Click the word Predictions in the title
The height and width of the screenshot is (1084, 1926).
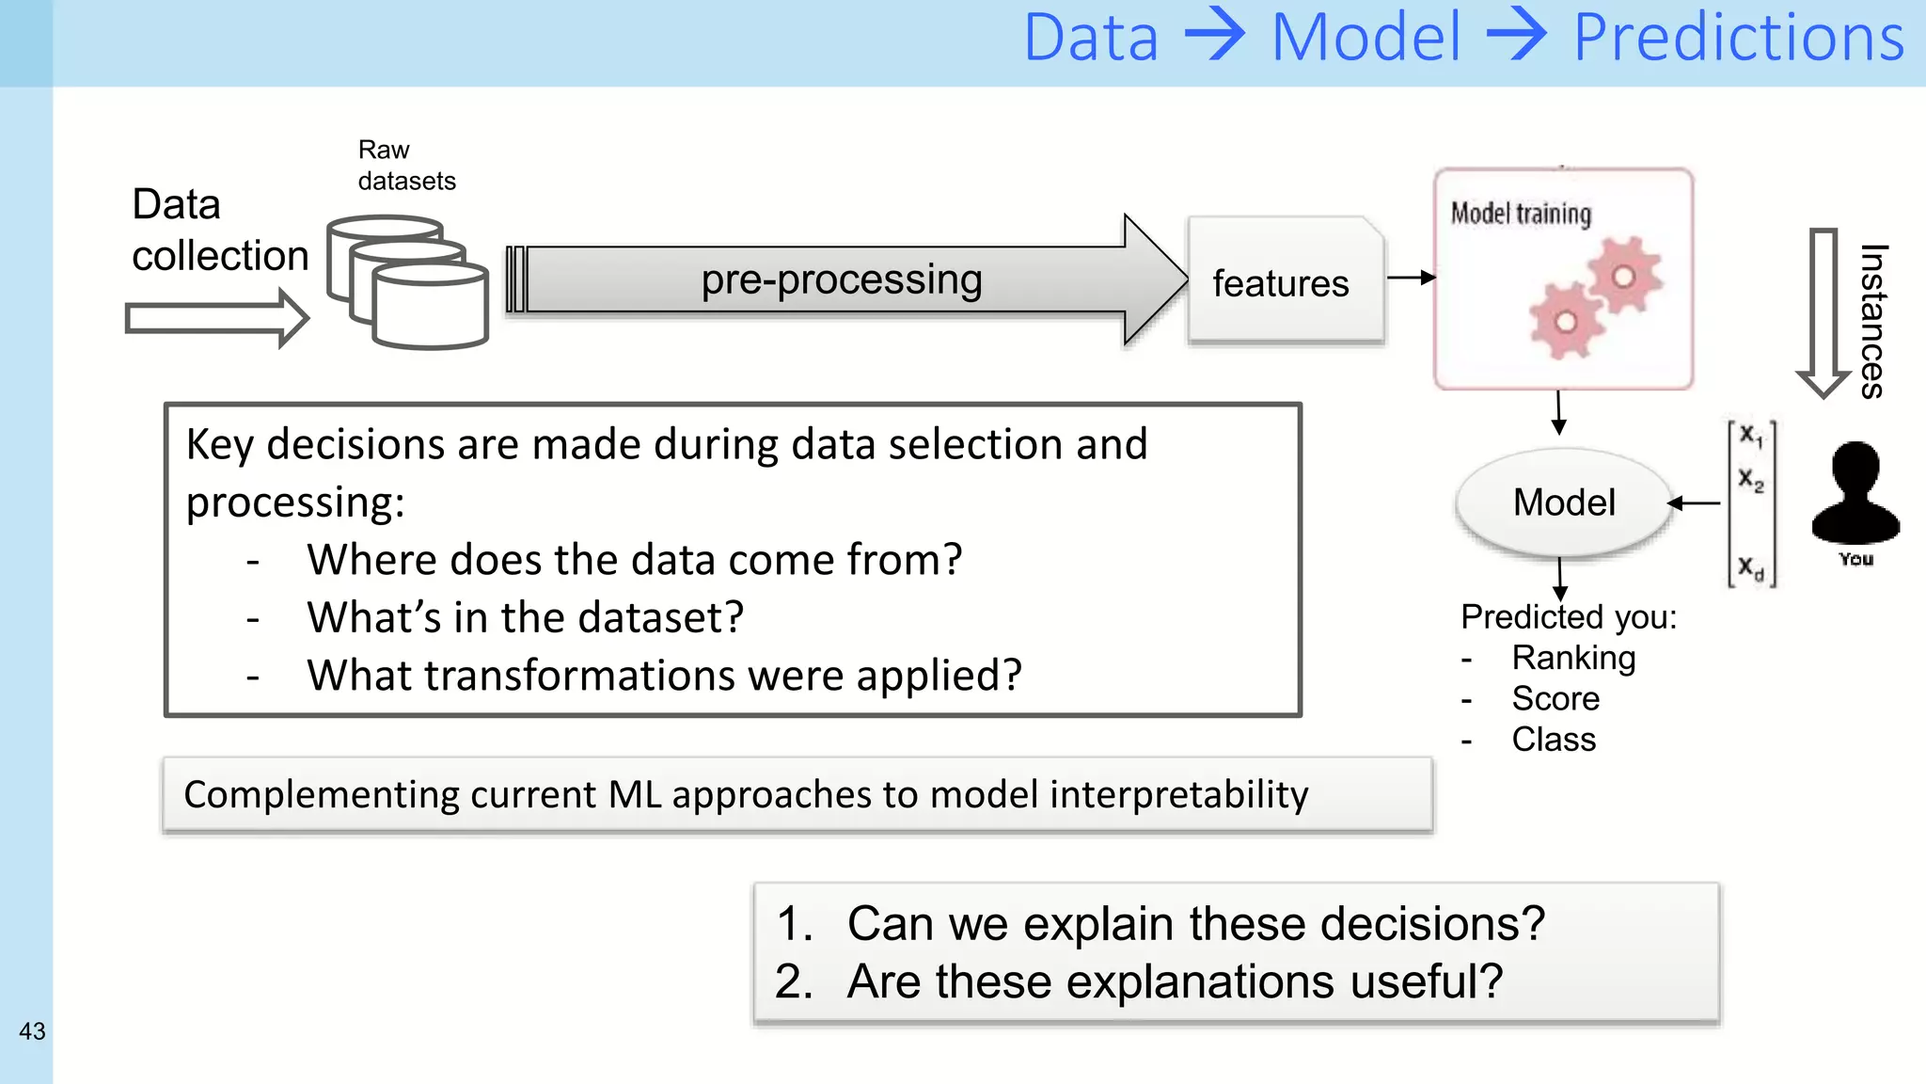point(1738,40)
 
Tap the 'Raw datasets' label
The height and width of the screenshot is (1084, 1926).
point(405,166)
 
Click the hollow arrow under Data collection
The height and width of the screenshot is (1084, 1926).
point(217,319)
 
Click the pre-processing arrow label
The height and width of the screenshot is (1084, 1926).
point(841,279)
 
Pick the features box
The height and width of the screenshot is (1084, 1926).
point(1284,282)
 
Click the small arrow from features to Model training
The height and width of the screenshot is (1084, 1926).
point(1410,278)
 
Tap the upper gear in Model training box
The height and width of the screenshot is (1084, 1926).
point(1624,276)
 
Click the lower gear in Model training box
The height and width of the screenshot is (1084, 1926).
point(1565,323)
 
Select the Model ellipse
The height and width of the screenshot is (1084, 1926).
point(1563,502)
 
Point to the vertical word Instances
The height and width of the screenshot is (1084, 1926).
point(1871,321)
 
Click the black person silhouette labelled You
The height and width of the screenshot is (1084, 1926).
point(1855,494)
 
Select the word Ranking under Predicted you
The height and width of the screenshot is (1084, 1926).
point(1572,658)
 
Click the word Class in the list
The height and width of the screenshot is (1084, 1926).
point(1553,740)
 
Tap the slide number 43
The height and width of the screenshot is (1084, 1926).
point(32,1031)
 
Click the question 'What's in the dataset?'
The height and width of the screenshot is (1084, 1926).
point(525,618)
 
